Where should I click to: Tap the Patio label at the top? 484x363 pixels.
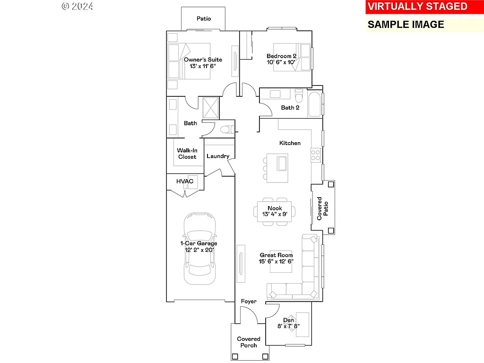204,19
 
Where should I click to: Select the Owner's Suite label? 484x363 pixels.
203,60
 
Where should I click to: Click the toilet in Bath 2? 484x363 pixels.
298,96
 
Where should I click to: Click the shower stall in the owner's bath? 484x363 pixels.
211,107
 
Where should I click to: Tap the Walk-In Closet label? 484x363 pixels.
187,154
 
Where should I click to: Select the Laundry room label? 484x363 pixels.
218,156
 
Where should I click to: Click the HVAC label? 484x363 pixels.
185,181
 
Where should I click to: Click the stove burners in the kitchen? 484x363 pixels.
315,155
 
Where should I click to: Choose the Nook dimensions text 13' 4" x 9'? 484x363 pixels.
275,214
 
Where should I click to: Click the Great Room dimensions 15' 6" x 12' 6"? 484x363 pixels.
276,261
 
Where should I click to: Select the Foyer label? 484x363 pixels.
249,302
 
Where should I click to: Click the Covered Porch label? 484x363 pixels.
249,342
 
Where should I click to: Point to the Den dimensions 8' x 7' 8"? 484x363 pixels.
288,326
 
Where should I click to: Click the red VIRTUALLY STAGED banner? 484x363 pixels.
417,7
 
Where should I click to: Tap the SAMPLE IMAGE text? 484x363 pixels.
406,25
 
